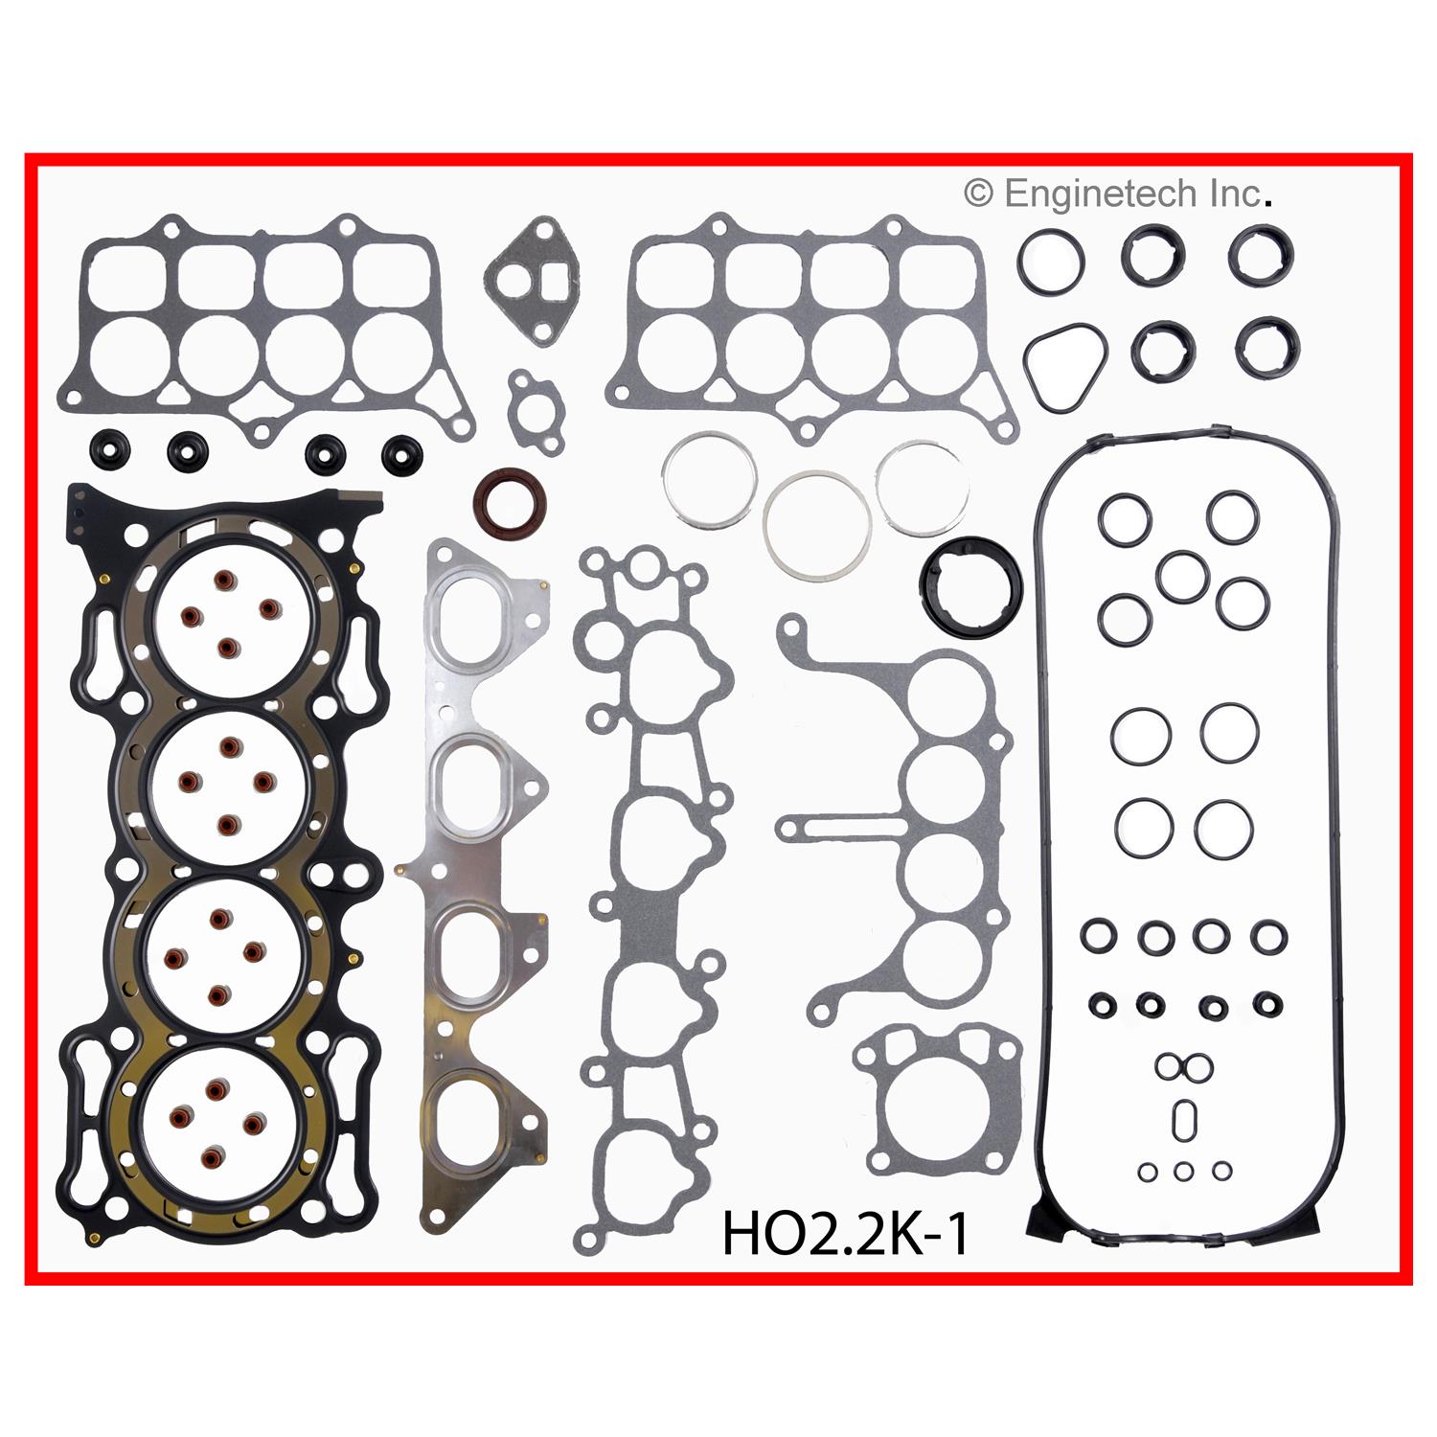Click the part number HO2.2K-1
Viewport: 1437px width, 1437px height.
(x=845, y=1233)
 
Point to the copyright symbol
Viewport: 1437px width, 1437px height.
(x=978, y=194)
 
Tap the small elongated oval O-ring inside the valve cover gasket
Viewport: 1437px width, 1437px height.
(x=1185, y=1118)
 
